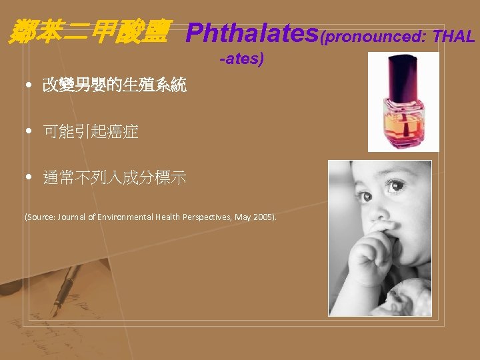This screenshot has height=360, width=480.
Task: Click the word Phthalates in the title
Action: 253,32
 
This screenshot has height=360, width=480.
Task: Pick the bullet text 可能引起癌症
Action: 91,132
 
